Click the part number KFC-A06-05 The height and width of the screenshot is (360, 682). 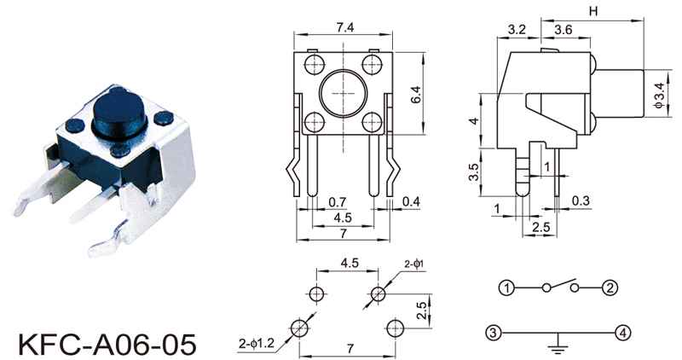click(107, 345)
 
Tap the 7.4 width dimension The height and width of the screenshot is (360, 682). click(345, 27)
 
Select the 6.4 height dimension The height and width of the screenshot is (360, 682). click(416, 95)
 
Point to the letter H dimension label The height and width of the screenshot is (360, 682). click(593, 11)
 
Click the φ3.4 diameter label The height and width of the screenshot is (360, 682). click(659, 95)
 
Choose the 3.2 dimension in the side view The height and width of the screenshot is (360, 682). click(517, 30)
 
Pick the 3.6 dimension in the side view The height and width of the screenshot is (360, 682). click(564, 30)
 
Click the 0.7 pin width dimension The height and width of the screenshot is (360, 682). click(337, 202)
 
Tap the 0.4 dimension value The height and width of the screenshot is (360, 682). click(411, 201)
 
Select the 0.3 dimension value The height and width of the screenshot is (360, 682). click(581, 200)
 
